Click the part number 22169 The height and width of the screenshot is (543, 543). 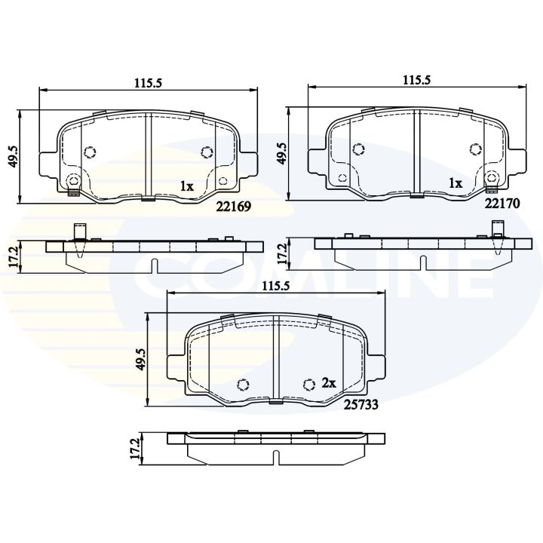[235, 205]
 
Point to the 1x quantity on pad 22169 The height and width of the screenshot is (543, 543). [186, 185]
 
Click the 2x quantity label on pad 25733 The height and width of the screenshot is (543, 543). [328, 383]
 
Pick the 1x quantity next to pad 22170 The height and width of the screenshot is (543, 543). [455, 183]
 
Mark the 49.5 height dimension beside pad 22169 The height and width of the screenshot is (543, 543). [13, 157]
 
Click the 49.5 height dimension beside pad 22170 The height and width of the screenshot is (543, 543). [281, 155]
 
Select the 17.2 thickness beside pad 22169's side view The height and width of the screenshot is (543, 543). [13, 257]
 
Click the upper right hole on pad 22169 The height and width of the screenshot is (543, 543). [207, 152]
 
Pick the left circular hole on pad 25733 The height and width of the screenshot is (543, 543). [242, 384]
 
